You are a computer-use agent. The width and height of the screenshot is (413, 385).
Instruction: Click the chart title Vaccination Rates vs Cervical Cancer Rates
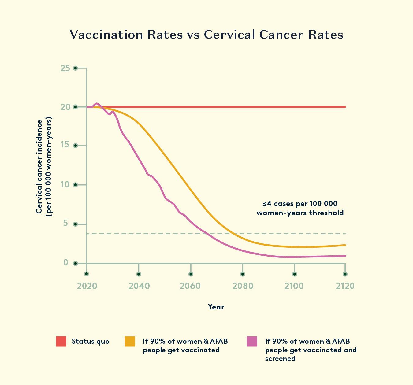[x=206, y=35]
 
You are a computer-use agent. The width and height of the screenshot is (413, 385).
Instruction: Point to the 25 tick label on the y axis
[x=65, y=68]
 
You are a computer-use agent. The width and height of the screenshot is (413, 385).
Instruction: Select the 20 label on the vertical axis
[x=65, y=107]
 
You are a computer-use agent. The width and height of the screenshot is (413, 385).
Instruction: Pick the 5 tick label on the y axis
[x=65, y=224]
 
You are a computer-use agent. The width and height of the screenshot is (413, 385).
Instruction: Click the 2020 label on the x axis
[x=87, y=286]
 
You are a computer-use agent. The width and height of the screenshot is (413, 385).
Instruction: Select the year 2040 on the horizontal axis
[x=139, y=286]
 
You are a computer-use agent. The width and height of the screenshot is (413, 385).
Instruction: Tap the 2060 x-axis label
[x=190, y=286]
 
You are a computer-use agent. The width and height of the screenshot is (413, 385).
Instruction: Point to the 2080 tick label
[x=243, y=286]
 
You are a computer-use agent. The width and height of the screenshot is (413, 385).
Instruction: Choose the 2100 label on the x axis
[x=294, y=286]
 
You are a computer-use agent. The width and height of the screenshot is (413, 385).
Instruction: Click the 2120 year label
[x=345, y=286]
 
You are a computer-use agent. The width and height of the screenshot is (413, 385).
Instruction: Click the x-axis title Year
[x=216, y=307]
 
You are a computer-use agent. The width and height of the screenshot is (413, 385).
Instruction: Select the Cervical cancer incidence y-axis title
[x=44, y=167]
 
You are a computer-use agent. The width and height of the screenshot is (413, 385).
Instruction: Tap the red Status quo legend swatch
[x=61, y=342]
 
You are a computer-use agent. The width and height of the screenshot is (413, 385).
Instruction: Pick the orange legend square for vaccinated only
[x=130, y=342]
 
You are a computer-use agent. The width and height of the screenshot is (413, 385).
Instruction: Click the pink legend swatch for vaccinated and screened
[x=252, y=342]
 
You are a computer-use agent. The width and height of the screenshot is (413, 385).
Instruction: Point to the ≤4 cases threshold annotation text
[x=300, y=208]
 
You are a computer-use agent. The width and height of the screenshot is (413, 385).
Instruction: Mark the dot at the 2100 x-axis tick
[x=295, y=274]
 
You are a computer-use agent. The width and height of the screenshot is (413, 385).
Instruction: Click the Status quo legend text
[x=91, y=342]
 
